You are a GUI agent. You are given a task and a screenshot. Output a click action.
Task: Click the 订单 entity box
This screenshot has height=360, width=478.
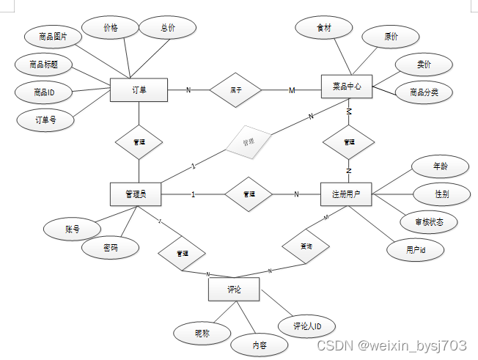coord(139,90)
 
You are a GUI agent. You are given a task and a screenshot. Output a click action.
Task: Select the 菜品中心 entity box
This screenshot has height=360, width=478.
coord(348,87)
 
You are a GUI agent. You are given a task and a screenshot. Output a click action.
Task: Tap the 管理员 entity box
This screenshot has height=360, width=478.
coord(135,194)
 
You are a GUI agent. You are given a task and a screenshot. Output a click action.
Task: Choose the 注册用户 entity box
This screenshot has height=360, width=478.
coord(347,194)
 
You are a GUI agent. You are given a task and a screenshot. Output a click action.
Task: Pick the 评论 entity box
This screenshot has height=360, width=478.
coord(233,290)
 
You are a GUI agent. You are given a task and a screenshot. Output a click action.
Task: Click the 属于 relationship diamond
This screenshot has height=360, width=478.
coord(236,90)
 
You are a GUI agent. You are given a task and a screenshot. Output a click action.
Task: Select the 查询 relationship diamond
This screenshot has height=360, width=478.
coord(306,247)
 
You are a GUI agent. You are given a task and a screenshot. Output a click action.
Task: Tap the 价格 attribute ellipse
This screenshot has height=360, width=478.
coord(111,28)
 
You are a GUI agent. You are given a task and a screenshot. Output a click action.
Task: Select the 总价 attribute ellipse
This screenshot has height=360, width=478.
coord(168,28)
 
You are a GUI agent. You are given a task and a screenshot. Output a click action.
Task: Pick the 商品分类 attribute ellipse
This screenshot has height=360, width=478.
coord(423,92)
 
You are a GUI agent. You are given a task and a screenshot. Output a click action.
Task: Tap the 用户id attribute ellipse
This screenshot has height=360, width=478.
coord(415,249)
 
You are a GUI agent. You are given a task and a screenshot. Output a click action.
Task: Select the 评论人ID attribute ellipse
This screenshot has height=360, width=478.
coord(308,326)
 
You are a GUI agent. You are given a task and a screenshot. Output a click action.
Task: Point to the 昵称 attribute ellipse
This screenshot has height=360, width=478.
coord(202,334)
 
